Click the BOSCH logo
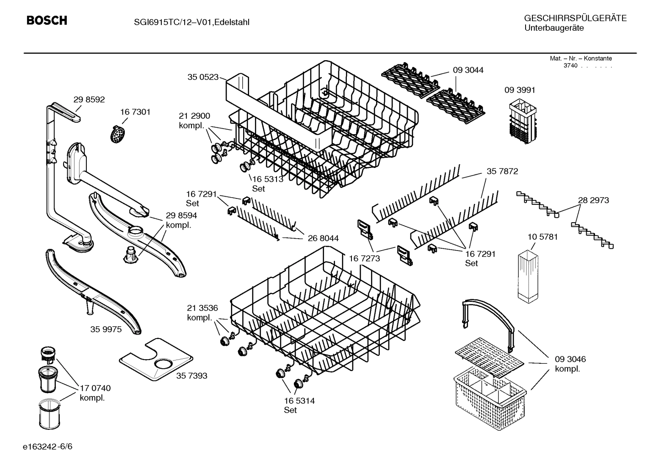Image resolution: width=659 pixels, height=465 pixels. pyautogui.click(x=47, y=21)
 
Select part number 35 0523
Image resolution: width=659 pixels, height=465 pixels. pyautogui.click(x=202, y=77)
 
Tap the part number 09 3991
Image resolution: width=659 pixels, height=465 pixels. pyautogui.click(x=520, y=90)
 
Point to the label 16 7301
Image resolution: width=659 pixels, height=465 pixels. pyautogui.click(x=135, y=112)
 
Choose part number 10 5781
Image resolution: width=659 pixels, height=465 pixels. pyautogui.click(x=542, y=237)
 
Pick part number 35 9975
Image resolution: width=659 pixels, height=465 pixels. pyautogui.click(x=106, y=329)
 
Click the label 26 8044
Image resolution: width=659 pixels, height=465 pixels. pyautogui.click(x=323, y=238)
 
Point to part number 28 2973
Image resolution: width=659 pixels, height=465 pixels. pyautogui.click(x=593, y=200)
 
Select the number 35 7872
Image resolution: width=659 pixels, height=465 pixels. pyautogui.click(x=502, y=171)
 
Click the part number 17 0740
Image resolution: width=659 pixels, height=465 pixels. pyautogui.click(x=95, y=388)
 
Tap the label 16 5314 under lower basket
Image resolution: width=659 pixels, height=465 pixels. pyautogui.click(x=299, y=401)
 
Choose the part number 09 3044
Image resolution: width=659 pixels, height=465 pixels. pyautogui.click(x=468, y=70)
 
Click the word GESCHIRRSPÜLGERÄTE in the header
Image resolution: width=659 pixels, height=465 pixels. pyautogui.click(x=575, y=18)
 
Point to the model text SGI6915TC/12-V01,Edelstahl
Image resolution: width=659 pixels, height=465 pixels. pyautogui.click(x=185, y=21)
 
